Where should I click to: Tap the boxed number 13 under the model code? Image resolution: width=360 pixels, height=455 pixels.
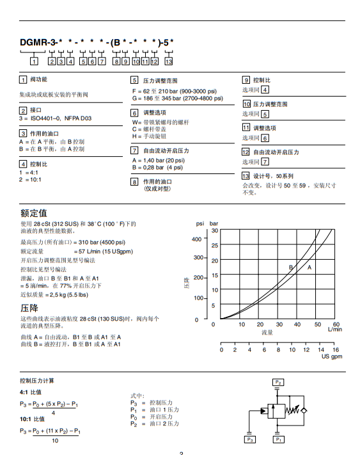(x=168, y=61)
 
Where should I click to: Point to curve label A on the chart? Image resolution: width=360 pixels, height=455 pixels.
(x=309, y=267)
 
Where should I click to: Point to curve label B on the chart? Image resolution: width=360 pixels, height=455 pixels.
(x=291, y=267)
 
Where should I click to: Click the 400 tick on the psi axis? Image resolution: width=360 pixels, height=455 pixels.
(x=198, y=239)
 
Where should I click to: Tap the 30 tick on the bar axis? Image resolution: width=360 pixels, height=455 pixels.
(x=215, y=230)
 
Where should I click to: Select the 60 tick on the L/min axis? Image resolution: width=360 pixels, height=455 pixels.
(x=336, y=324)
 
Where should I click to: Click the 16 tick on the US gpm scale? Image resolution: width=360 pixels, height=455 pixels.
(x=336, y=349)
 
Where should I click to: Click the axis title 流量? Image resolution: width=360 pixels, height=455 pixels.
(x=267, y=333)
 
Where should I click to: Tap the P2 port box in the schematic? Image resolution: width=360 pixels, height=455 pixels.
(x=278, y=382)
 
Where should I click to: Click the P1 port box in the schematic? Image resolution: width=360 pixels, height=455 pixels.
(x=278, y=440)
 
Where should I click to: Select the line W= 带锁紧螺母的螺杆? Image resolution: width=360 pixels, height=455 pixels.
(x=160, y=122)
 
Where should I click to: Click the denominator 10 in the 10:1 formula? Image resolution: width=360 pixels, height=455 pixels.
(x=54, y=440)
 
